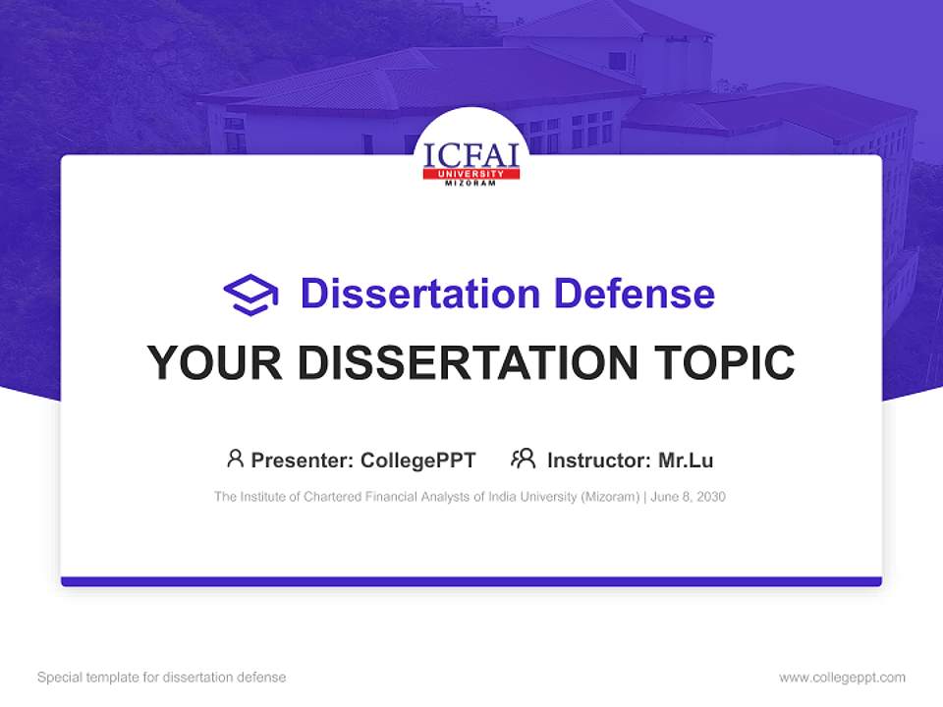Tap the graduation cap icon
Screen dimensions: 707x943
[250, 295]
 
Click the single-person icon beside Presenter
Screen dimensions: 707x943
[235, 459]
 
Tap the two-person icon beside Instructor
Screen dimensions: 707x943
[523, 459]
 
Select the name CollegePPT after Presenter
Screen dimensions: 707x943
[418, 460]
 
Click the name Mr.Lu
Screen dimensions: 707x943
[686, 460]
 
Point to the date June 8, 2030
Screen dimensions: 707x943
[689, 497]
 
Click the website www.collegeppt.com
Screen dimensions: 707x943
[842, 678]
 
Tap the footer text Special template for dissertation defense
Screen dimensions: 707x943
[162, 678]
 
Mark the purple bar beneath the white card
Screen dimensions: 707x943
[471, 581]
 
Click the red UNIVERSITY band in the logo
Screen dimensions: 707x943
[471, 174]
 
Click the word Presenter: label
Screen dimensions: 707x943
[303, 460]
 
